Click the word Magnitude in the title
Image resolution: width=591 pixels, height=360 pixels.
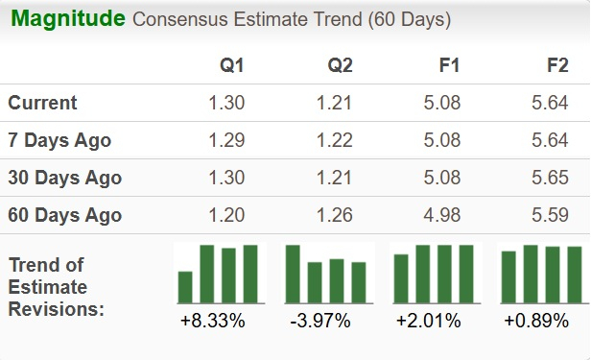(68, 18)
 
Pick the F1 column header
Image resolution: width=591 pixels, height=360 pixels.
(449, 67)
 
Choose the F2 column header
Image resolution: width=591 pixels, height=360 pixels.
(556, 67)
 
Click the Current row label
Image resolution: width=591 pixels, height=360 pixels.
(42, 103)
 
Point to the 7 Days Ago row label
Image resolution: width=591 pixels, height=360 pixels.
(59, 140)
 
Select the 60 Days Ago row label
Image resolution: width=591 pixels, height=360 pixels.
(64, 215)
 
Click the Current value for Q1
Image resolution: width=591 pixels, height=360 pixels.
(226, 103)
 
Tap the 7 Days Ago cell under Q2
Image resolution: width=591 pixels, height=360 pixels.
(335, 140)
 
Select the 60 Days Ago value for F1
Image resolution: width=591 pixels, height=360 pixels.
(443, 215)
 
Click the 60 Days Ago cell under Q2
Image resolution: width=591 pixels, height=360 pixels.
(335, 215)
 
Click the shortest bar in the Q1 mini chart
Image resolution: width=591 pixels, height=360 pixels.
(185, 287)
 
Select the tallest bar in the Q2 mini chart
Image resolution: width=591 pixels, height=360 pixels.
(293, 274)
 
